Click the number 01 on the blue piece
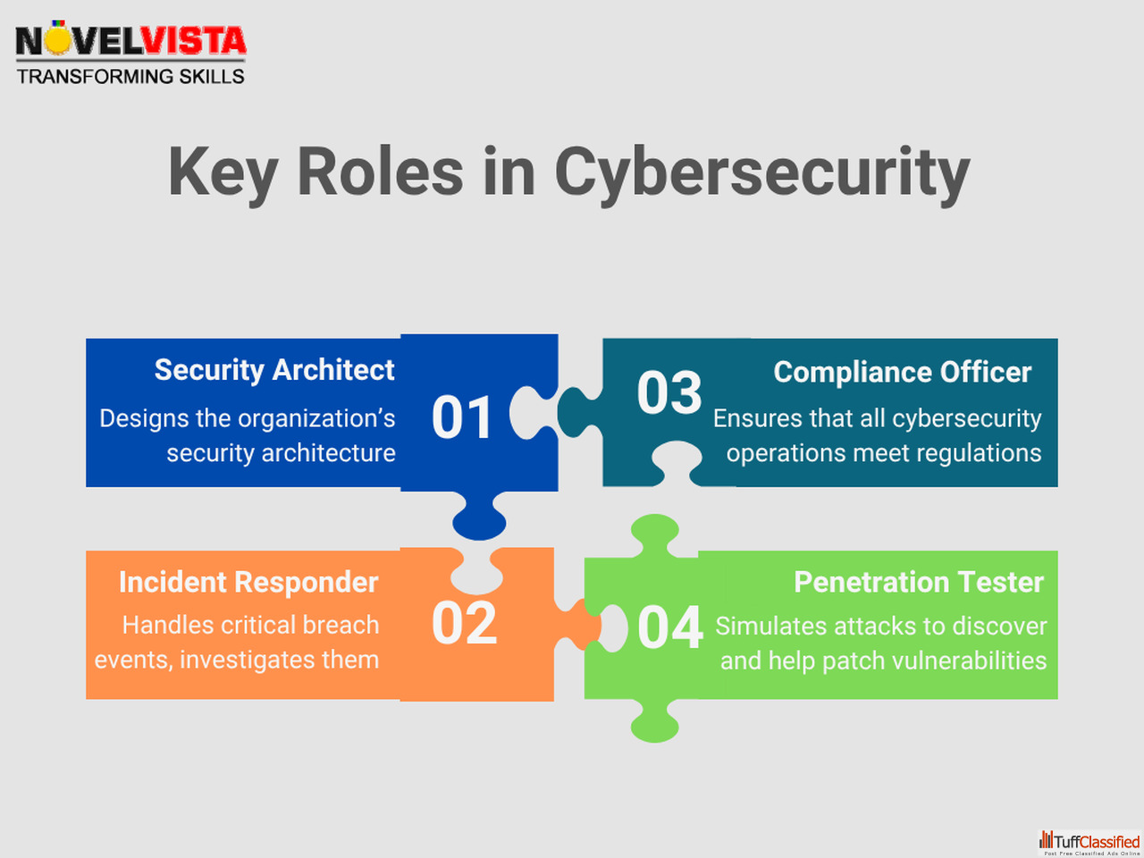(462, 416)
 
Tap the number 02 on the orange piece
(464, 623)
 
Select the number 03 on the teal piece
(669, 392)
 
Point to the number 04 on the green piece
(670, 627)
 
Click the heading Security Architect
(274, 370)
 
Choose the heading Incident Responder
(248, 582)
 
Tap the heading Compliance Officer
(902, 372)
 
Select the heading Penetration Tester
(919, 581)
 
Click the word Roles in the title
(380, 172)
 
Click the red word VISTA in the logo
(194, 41)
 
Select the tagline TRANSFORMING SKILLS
(130, 77)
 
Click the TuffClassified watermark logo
(1089, 843)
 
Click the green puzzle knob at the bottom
(654, 721)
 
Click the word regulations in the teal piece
(979, 453)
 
